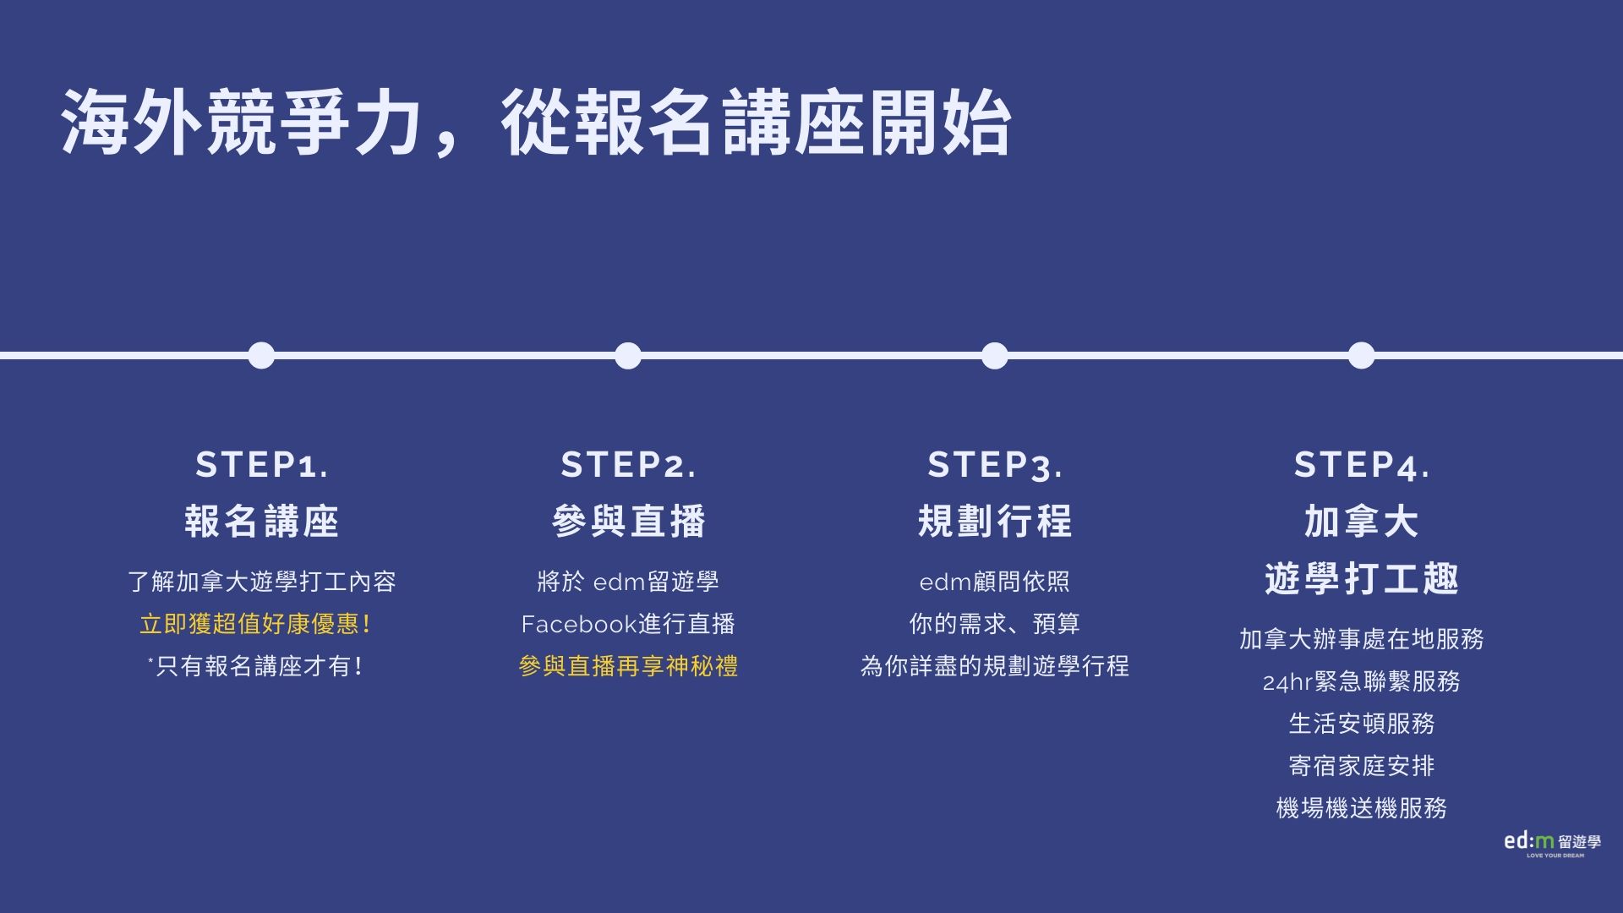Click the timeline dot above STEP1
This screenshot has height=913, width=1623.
(x=261, y=356)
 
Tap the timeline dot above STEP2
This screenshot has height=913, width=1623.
(x=628, y=356)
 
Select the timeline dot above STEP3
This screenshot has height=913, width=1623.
(x=995, y=356)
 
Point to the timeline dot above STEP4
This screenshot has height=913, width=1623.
(x=1361, y=356)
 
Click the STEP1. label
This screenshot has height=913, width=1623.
(x=262, y=465)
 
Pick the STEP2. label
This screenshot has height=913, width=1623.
(x=629, y=465)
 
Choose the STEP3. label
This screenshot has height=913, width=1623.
(x=995, y=465)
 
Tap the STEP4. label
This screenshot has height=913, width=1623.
(x=1362, y=465)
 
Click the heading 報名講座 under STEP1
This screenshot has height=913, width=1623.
(x=262, y=522)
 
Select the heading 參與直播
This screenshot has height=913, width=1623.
(x=629, y=522)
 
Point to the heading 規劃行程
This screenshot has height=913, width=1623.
(x=995, y=522)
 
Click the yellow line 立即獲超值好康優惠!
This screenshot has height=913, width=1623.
(x=255, y=625)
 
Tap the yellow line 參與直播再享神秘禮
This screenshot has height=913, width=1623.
(x=628, y=667)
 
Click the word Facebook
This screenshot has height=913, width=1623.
(x=579, y=625)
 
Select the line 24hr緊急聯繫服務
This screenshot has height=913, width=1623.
(x=1362, y=682)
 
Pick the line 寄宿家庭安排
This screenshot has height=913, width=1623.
(x=1362, y=767)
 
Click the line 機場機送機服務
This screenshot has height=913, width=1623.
(x=1362, y=809)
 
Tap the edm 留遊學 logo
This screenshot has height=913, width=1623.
(x=1552, y=844)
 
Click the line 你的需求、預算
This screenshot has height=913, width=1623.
(x=995, y=625)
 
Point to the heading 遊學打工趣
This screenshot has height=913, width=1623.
(x=1362, y=579)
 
